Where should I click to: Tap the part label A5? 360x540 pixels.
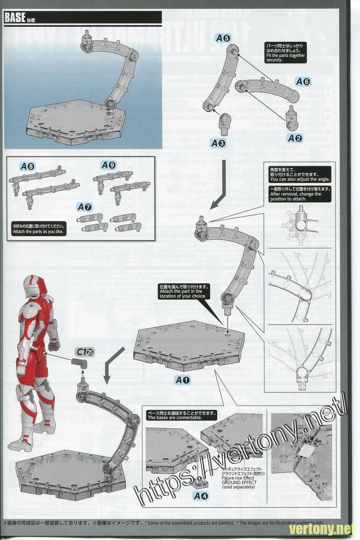[x=223, y=39]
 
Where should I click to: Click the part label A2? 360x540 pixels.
[x=295, y=137]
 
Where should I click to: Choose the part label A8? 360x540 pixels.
[x=27, y=166]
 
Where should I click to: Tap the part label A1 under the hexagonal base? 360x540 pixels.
[x=183, y=380]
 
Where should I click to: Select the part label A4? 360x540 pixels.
[x=201, y=496]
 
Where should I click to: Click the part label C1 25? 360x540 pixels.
[x=82, y=351]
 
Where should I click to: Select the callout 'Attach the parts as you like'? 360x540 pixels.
[x=39, y=229]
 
